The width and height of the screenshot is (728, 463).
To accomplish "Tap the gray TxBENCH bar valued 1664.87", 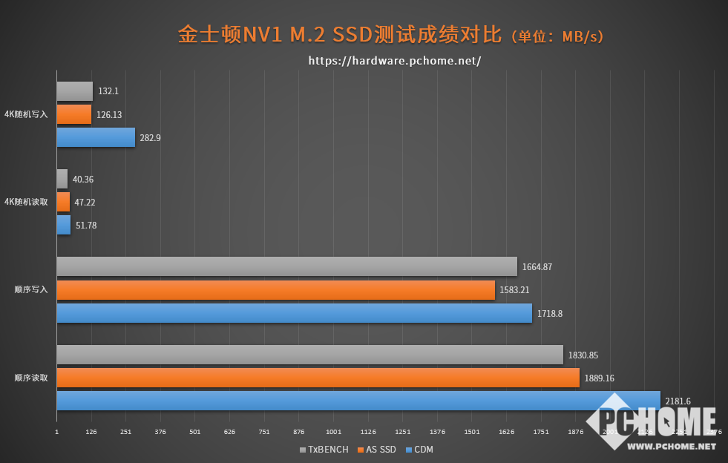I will point(286,266).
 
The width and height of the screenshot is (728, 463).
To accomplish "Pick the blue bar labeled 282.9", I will point(96,137).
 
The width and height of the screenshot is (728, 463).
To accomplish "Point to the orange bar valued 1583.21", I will point(275,290).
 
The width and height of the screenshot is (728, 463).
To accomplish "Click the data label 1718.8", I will point(550,314).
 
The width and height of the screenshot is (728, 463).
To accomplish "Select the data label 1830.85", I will point(583,355).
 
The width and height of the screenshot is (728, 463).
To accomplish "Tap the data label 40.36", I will point(83,180).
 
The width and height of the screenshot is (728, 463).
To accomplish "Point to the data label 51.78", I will point(86,226).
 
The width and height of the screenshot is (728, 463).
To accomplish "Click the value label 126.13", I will point(109,115).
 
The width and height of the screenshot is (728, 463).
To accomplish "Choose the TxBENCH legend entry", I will point(324,450).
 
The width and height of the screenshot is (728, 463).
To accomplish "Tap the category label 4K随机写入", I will point(26,114).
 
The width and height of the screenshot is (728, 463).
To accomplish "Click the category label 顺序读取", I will point(31,378).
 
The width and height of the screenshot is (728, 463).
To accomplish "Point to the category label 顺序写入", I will point(31,290).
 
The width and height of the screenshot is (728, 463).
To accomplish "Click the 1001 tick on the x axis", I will point(333,432).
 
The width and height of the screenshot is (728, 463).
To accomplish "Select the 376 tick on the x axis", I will point(160,432).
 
